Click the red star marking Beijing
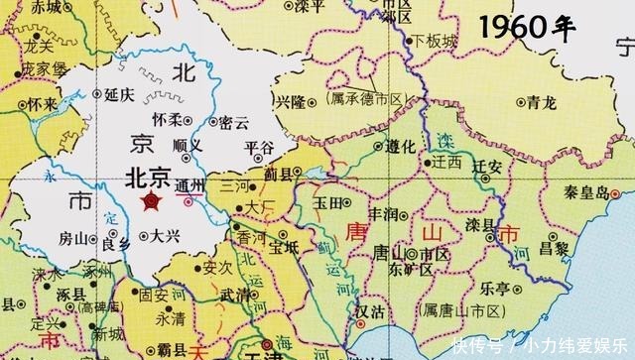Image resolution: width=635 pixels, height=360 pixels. (152, 202)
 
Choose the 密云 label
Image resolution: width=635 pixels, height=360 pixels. (232, 123)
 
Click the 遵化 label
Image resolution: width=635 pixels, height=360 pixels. (400, 146)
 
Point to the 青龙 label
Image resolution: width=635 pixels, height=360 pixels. (541, 100)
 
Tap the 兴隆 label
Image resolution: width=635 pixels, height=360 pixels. (290, 102)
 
